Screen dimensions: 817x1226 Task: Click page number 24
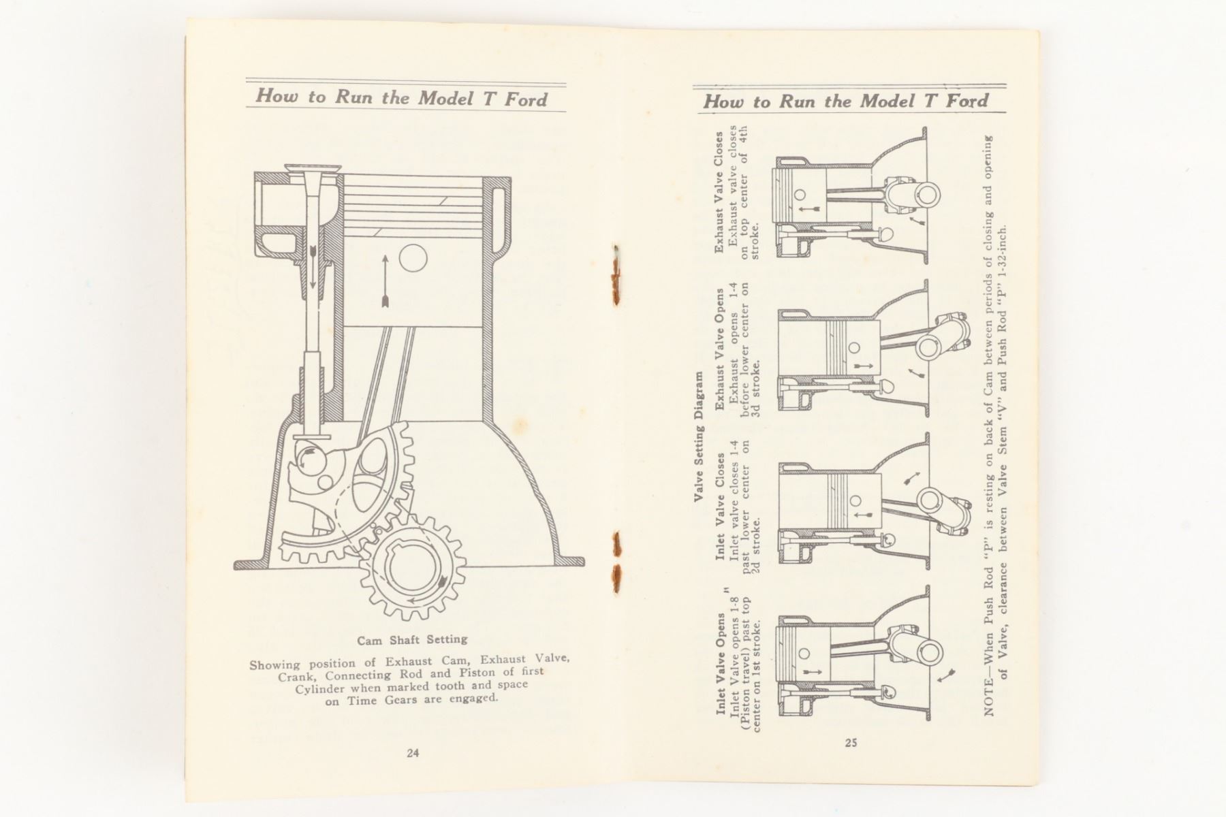413,753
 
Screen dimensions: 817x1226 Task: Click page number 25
851,743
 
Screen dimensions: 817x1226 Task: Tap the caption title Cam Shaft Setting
413,640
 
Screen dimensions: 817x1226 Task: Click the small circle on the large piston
413,259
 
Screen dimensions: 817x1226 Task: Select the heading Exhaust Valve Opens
720,349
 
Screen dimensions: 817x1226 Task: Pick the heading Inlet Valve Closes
720,506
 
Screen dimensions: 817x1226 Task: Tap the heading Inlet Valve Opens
720,664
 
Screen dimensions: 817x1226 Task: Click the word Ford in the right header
965,101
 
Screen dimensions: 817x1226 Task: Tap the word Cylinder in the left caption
320,688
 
